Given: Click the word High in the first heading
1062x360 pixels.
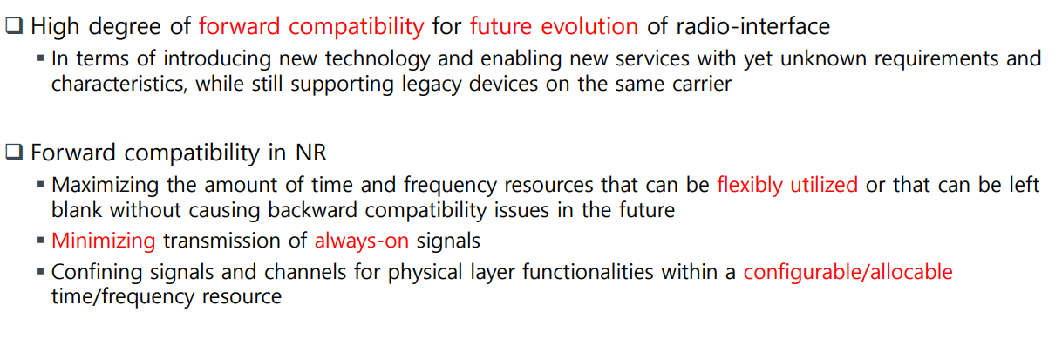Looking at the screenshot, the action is (55, 26).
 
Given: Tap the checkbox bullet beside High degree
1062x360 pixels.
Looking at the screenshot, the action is (14, 25).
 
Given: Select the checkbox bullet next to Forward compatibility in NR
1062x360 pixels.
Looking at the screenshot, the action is (14, 152).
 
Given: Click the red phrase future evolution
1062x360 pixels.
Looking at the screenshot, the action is (554, 26).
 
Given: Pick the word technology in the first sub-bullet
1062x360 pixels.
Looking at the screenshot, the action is (378, 59).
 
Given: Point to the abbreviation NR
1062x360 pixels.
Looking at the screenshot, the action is (311, 153).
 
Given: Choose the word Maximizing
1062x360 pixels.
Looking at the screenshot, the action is (106, 185).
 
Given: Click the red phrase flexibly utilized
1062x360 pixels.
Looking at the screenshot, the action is (787, 185).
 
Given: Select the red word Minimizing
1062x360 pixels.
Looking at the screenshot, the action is (104, 241).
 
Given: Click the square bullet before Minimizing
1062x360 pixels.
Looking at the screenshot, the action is (41, 241).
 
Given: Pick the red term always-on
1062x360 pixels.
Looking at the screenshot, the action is (362, 241).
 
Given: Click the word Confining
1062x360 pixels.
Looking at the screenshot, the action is (97, 272).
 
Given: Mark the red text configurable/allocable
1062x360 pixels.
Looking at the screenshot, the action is (848, 272).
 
